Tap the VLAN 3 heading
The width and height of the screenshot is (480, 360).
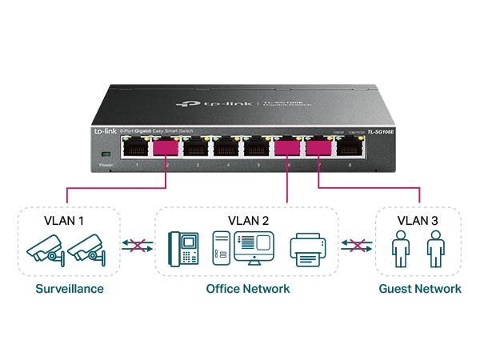(x=417, y=219)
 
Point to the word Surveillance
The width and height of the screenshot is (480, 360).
(x=70, y=289)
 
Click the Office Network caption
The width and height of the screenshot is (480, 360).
(x=248, y=289)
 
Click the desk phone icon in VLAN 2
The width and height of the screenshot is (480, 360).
(x=183, y=248)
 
